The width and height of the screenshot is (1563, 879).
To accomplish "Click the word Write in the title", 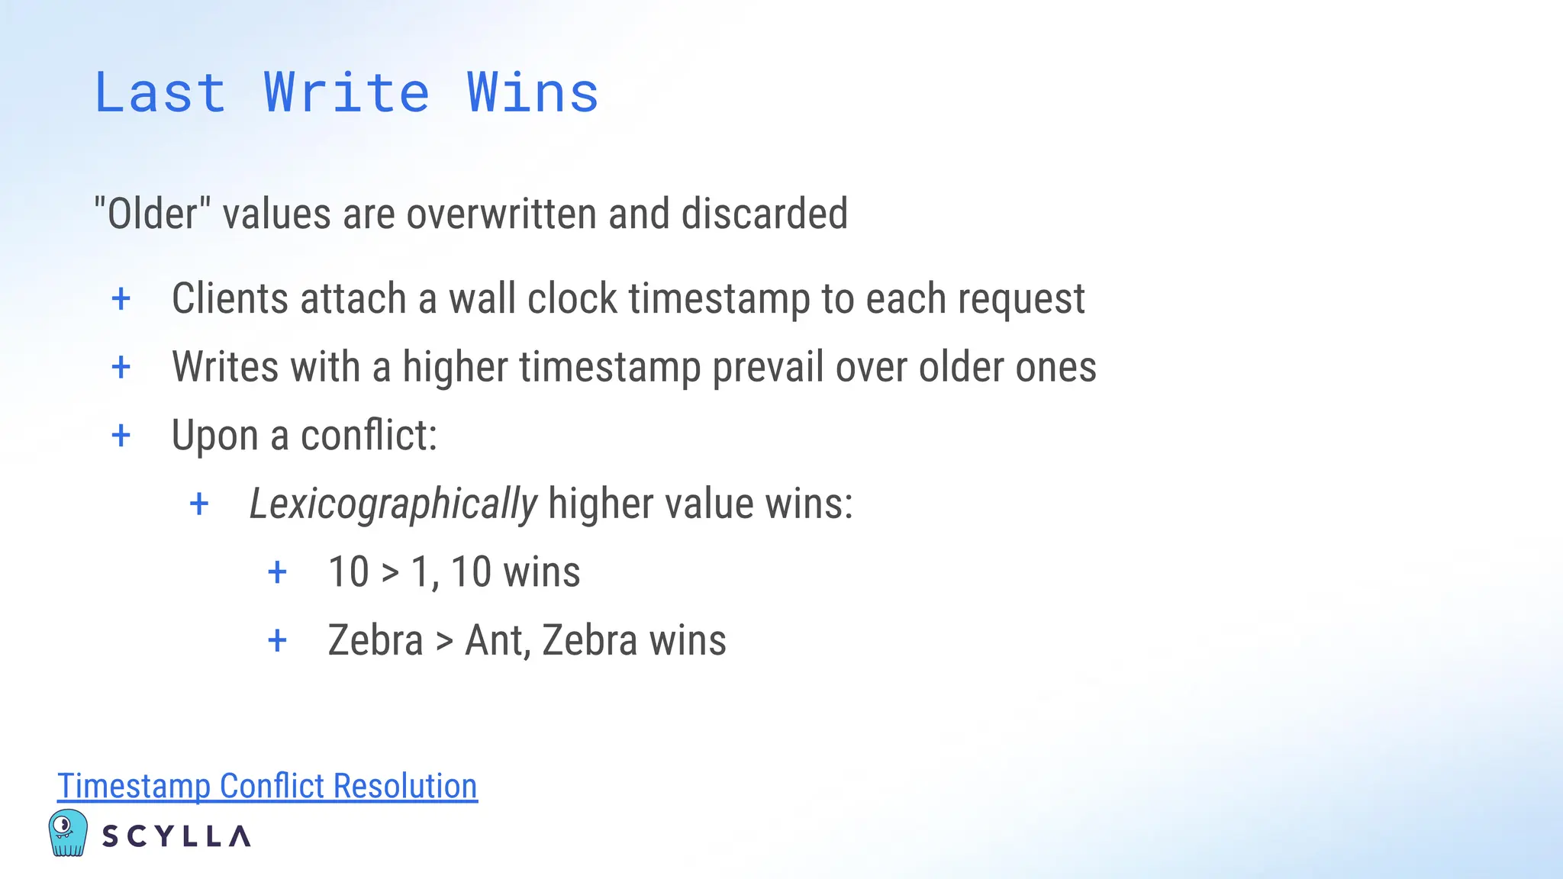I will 346,93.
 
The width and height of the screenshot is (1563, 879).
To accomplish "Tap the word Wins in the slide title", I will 533,93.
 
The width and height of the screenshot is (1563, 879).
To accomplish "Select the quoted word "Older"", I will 152,214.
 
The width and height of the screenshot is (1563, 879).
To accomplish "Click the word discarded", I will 764,214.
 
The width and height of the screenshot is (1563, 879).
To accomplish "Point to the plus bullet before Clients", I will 121,298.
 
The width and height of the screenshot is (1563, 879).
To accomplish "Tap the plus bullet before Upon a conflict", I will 121,436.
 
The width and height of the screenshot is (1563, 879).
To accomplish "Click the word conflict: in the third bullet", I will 369,436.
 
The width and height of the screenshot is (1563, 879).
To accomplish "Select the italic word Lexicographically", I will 393,504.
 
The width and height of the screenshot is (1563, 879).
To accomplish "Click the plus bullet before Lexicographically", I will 199,504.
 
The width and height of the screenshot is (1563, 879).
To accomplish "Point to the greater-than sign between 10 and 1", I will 390,572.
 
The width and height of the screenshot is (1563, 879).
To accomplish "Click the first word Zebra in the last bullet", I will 375,640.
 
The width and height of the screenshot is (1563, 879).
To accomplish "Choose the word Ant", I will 497,640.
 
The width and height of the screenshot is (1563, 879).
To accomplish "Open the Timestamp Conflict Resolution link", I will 267,786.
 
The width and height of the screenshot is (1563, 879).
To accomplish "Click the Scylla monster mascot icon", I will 68,832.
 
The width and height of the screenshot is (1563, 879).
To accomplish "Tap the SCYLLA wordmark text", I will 176,836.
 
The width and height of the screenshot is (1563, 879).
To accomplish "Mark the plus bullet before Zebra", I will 278,640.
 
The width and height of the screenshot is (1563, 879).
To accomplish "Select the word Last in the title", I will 160,93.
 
